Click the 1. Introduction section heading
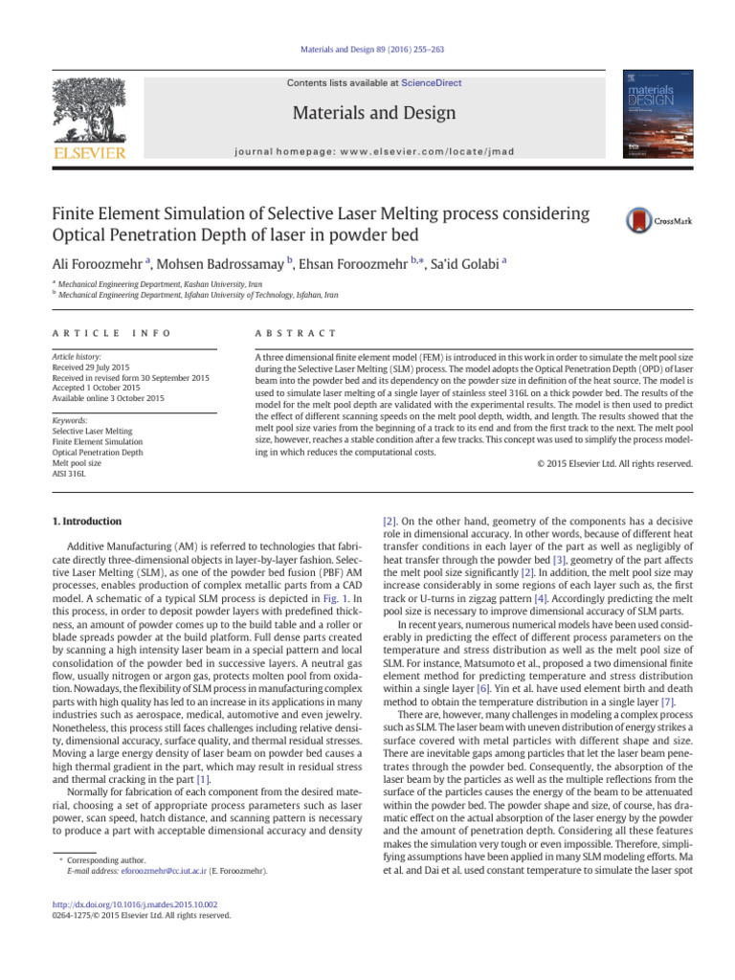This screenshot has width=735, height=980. [85, 522]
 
